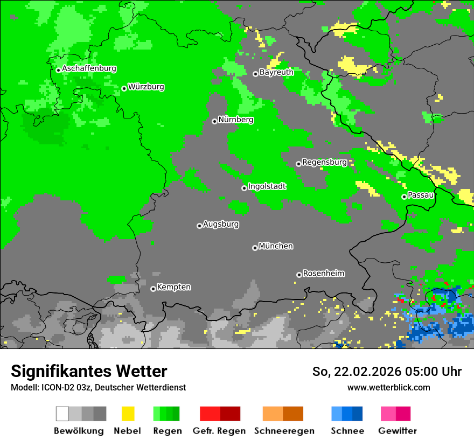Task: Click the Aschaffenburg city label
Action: [89, 69]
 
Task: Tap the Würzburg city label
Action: [146, 87]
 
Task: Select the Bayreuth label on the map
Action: [276, 72]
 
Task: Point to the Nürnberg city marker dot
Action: [214, 121]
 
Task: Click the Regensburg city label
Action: [324, 162]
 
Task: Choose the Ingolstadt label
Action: [267, 186]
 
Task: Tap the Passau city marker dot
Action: [404, 197]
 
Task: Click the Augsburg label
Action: [221, 224]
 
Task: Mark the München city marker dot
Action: [255, 248]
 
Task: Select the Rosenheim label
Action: [323, 274]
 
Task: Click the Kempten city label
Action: [173, 287]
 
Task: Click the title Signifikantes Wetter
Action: [89, 372]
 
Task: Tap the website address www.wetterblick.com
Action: [388, 388]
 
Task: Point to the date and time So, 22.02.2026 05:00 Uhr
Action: [387, 372]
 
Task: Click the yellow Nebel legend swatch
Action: [128, 414]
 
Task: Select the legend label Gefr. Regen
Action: [219, 431]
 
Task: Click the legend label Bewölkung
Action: [79, 431]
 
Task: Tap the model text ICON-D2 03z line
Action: [98, 388]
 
